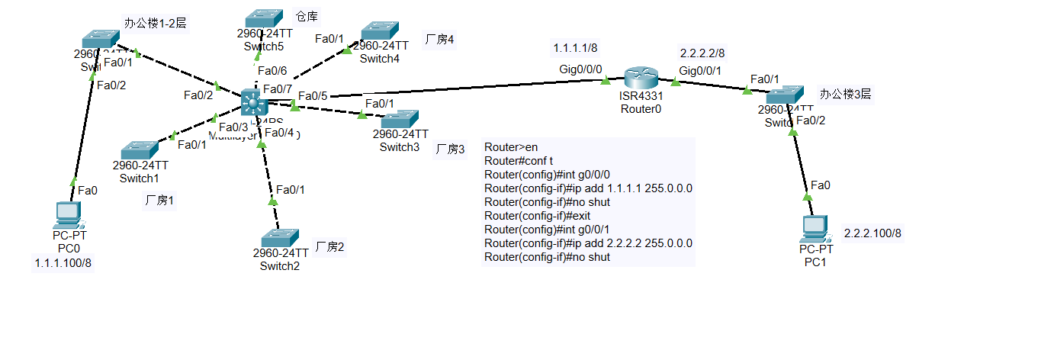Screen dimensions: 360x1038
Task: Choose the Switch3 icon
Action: point(400,119)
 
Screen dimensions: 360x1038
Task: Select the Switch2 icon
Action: point(280,237)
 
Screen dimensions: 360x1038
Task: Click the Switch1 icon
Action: point(140,149)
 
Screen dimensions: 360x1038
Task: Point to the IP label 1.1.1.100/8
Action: point(63,263)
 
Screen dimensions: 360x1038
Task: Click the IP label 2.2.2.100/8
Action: point(872,233)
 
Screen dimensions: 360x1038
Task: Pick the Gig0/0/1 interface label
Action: point(699,70)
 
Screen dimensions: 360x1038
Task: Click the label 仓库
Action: point(307,16)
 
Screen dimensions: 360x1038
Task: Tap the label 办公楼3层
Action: point(845,95)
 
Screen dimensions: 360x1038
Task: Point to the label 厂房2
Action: point(329,246)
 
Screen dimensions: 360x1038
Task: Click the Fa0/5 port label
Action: point(313,96)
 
